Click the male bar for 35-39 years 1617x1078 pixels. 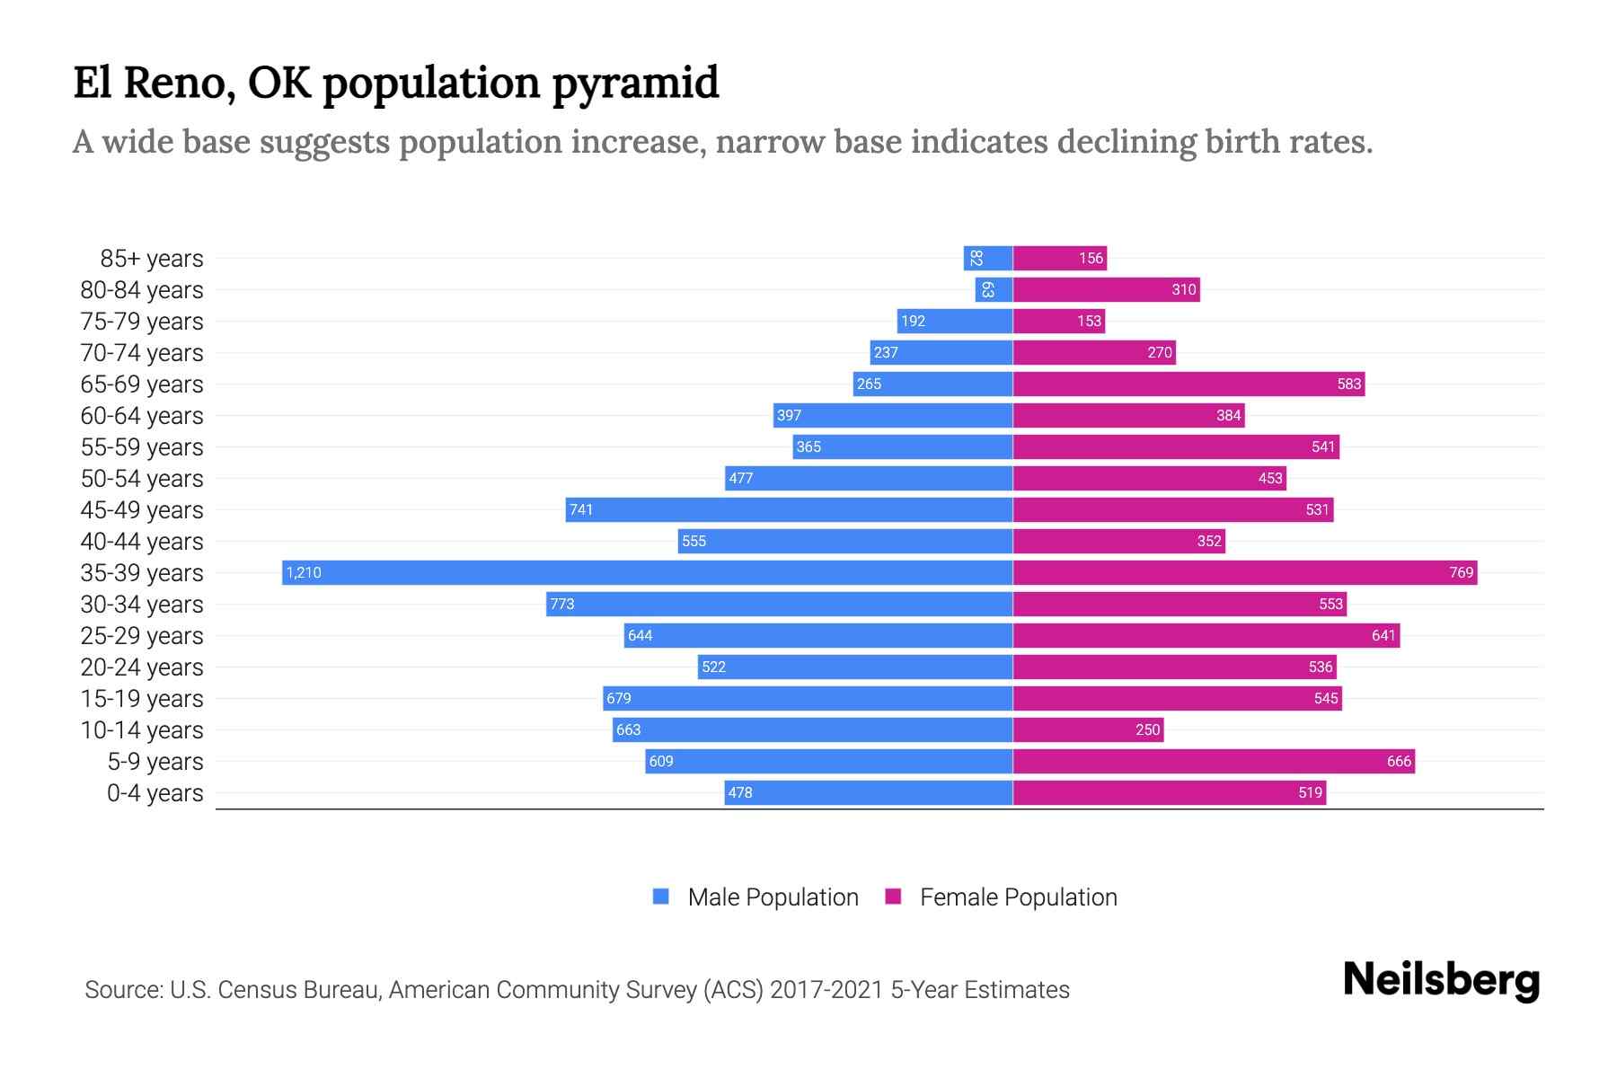pos(647,573)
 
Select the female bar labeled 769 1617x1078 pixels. pos(1244,573)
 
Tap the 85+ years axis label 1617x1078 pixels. pos(151,259)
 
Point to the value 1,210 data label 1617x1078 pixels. pos(304,573)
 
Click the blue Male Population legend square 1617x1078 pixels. pos(661,897)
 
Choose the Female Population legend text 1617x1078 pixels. pos(1018,897)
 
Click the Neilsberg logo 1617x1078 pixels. pos(1441,981)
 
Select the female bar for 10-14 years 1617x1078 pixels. pos(1088,730)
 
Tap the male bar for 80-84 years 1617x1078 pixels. pos(994,290)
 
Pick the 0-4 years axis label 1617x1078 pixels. pos(155,793)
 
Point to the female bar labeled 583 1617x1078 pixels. pos(1188,384)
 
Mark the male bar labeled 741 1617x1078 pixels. pos(789,510)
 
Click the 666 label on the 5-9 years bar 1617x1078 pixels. pos(1399,762)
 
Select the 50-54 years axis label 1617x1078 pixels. pos(142,479)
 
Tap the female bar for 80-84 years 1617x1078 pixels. pos(1106,290)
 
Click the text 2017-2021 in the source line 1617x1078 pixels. pos(826,990)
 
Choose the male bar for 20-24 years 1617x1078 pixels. pos(855,667)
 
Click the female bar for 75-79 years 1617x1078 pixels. pos(1058,322)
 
